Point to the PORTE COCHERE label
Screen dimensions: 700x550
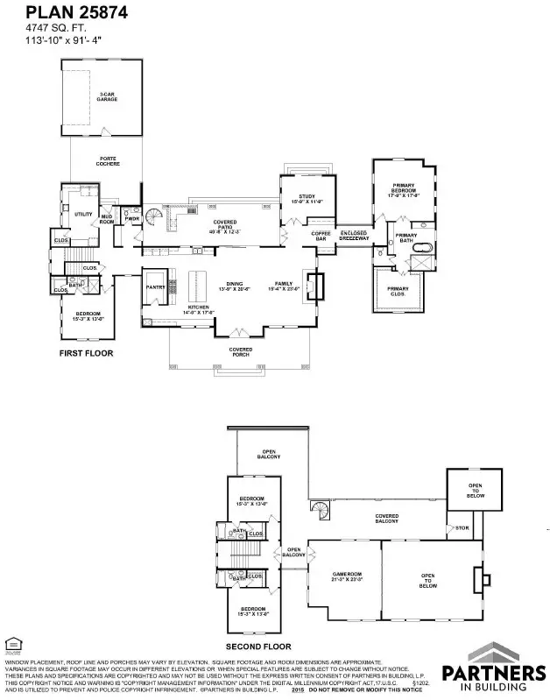[108, 162]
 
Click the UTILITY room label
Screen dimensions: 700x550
[83, 214]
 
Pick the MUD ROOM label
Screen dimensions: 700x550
[108, 218]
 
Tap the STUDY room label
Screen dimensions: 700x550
[306, 199]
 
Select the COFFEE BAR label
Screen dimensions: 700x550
[320, 235]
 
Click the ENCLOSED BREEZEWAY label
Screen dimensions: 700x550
[354, 236]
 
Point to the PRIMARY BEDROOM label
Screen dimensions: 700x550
[403, 188]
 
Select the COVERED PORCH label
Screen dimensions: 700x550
[241, 351]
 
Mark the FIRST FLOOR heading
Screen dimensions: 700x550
[86, 353]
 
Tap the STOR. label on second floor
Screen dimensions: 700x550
[462, 528]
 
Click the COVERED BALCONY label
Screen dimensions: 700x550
[386, 519]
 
